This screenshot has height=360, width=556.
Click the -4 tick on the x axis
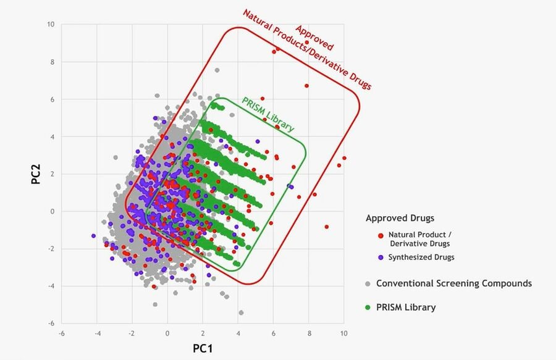tap(97, 333)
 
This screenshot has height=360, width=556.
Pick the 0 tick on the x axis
tap(167, 333)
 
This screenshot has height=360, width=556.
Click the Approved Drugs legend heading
tap(400, 218)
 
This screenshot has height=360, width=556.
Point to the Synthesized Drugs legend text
tap(421, 257)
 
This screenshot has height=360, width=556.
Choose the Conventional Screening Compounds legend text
tap(454, 284)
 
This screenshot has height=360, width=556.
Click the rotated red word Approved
tap(314, 38)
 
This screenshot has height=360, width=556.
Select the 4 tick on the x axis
tap(238, 333)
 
